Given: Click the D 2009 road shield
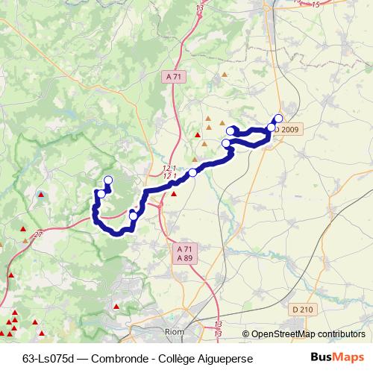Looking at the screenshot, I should tap(289, 129).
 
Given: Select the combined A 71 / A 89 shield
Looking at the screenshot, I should tap(184, 253).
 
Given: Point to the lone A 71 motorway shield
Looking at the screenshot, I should tap(173, 77).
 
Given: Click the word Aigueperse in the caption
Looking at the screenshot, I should tap(226, 358).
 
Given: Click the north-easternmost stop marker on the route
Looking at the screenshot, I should tap(279, 118).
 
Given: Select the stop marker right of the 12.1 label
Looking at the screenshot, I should tap(192, 173).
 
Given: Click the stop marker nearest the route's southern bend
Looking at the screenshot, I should tap(134, 216).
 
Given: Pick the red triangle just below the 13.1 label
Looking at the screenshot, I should tap(174, 194).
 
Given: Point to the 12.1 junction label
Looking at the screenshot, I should tap(169, 169).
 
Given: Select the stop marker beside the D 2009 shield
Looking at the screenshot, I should tap(272, 128).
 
